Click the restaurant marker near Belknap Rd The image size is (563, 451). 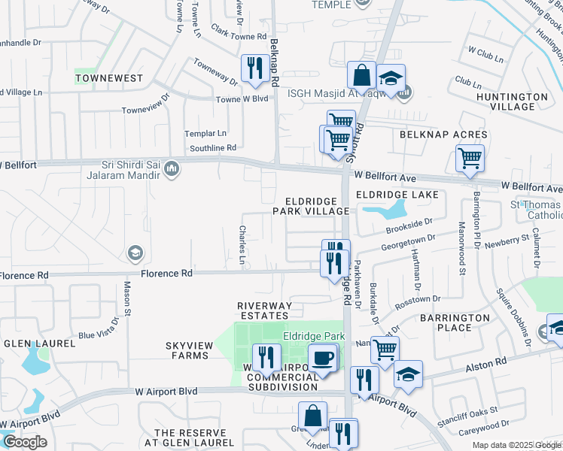(254, 69)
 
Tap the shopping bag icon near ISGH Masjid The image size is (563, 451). (361, 76)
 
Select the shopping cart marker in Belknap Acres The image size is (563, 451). (470, 159)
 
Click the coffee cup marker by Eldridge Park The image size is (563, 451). (323, 358)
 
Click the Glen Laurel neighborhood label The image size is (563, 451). (39, 344)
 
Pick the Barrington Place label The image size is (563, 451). (455, 323)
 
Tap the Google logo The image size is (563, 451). (25, 442)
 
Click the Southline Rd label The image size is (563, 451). (211, 147)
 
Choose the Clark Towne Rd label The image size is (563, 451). (239, 36)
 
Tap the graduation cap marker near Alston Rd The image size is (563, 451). (408, 375)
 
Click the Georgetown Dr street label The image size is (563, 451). (408, 241)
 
